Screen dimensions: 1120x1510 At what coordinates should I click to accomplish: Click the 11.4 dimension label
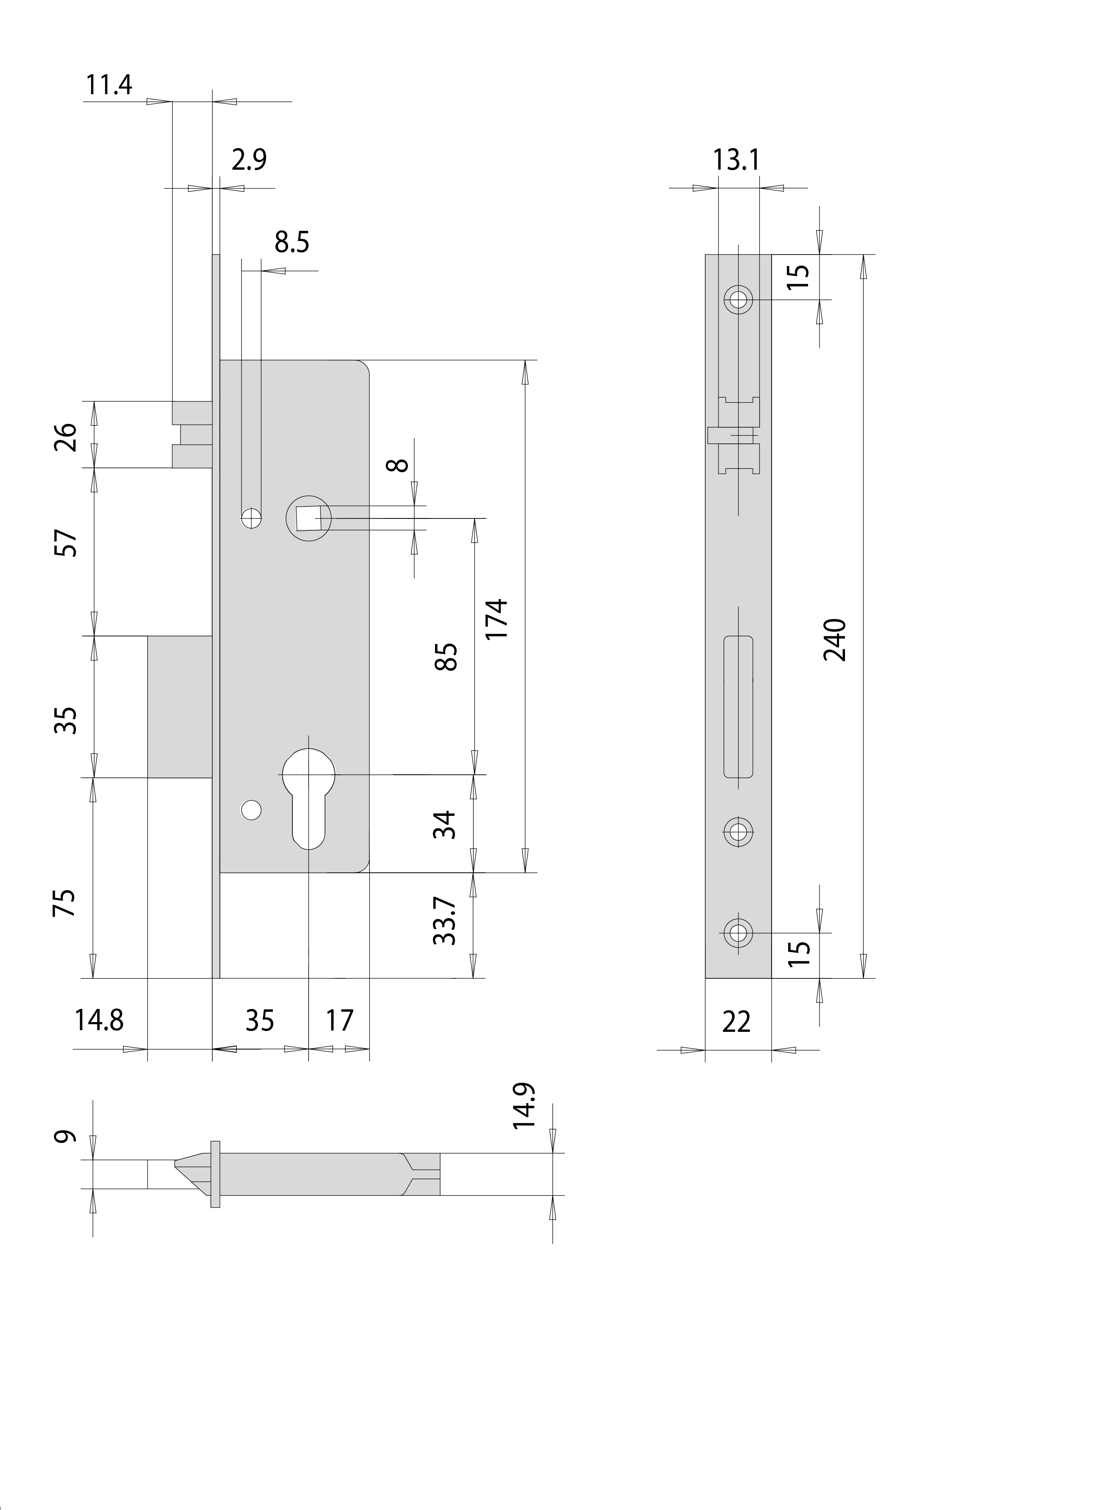tap(109, 85)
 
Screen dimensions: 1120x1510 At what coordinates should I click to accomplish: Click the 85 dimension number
tap(446, 657)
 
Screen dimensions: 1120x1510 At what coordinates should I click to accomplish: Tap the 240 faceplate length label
tap(834, 640)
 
